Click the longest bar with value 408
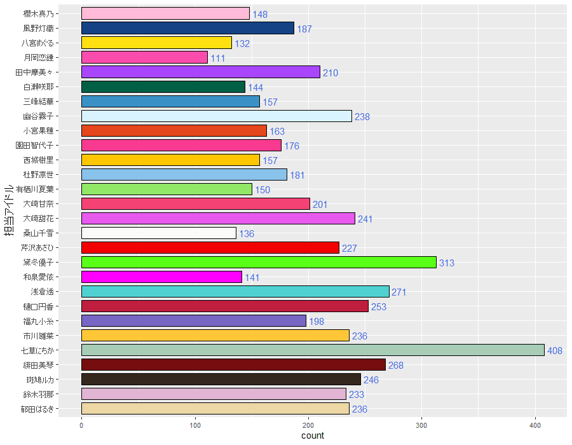coord(313,350)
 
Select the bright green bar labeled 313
coord(259,263)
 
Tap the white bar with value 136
coord(159,233)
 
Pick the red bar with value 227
coord(210,248)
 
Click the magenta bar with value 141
coord(161,277)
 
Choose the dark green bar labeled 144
coord(163,87)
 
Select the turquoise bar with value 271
coord(235,292)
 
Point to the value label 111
coord(218,58)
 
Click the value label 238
coord(362,117)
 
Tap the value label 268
coord(396,366)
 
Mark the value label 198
coord(317,322)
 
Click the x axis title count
coord(312,435)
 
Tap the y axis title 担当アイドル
coord(10,210)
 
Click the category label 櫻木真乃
coord(57,13)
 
